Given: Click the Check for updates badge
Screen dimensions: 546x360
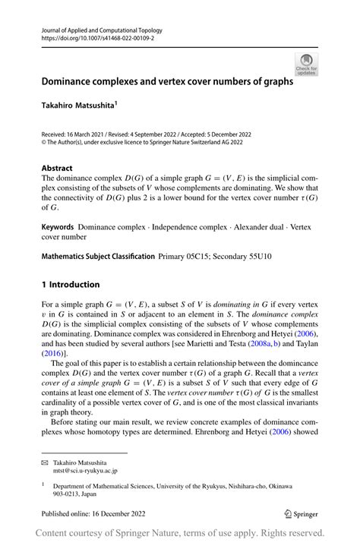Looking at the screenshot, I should coord(307,64).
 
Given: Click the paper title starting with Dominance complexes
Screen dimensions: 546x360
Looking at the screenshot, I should coord(167,80).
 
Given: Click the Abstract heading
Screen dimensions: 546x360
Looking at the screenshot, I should coord(57,168).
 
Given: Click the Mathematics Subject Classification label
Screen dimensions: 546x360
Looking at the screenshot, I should coord(97,256).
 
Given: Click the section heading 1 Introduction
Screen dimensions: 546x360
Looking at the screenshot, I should coord(71,285).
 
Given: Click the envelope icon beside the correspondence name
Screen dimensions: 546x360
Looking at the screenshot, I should coord(46,461).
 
